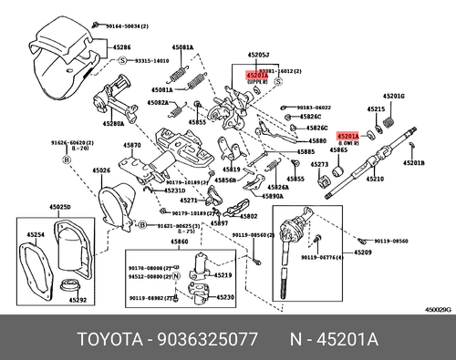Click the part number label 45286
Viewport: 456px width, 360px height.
[121, 47]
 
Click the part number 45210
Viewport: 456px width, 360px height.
[375, 180]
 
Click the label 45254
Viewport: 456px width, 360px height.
[35, 235]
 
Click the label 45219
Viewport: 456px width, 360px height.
[223, 274]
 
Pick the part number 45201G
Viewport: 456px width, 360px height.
[393, 95]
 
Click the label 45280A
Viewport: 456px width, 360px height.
[114, 123]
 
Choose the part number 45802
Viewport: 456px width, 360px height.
[248, 216]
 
